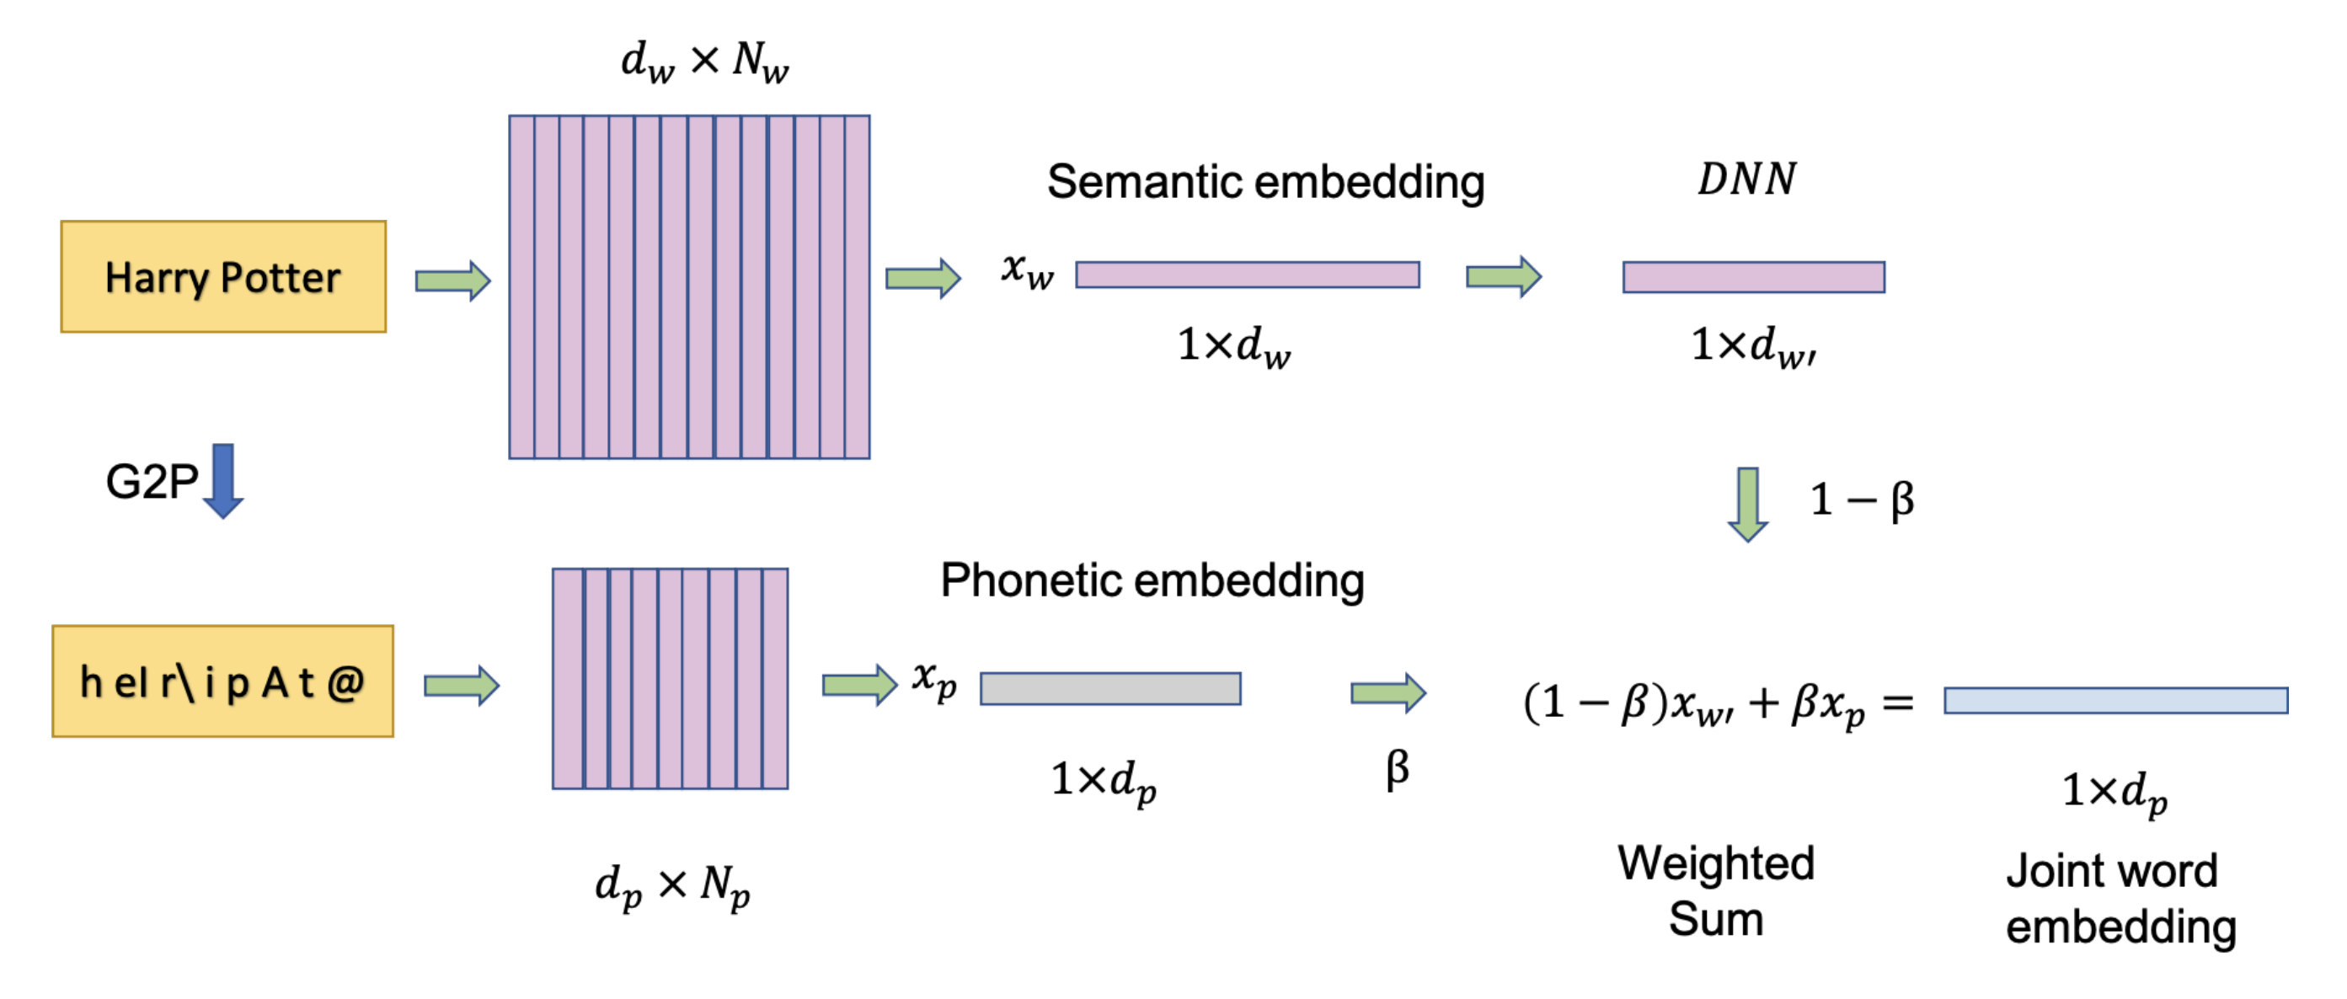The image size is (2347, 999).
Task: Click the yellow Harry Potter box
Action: tap(223, 277)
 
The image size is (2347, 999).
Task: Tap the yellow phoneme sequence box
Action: tap(223, 681)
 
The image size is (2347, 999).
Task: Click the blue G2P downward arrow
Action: tap(223, 481)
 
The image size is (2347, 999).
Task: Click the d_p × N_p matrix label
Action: tap(672, 885)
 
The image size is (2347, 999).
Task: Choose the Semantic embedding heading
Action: tap(1264, 181)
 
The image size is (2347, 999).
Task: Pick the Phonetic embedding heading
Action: tap(1152, 580)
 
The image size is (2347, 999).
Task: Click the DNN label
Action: tap(1746, 179)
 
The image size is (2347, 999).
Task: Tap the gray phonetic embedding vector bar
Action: tap(1109, 688)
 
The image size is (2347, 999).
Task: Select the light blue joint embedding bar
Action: tap(2115, 700)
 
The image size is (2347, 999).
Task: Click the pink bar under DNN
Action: tap(1753, 277)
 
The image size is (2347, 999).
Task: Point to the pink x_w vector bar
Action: tap(1247, 274)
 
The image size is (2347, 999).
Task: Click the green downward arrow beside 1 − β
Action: tap(1747, 504)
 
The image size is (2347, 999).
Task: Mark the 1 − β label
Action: tap(1862, 499)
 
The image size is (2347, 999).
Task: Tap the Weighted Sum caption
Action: tap(1716, 889)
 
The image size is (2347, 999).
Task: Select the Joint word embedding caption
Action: tap(2120, 898)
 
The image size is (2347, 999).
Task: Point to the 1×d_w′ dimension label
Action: tap(1753, 346)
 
